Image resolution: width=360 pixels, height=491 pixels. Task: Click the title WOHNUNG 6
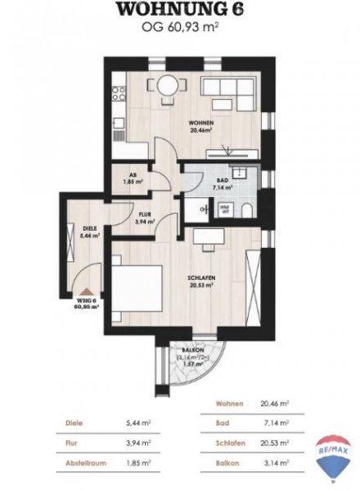click(x=179, y=11)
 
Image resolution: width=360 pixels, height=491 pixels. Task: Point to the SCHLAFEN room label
click(x=200, y=278)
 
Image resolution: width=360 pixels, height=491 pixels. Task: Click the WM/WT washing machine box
click(x=225, y=209)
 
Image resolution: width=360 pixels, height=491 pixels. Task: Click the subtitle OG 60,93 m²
click(x=179, y=28)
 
